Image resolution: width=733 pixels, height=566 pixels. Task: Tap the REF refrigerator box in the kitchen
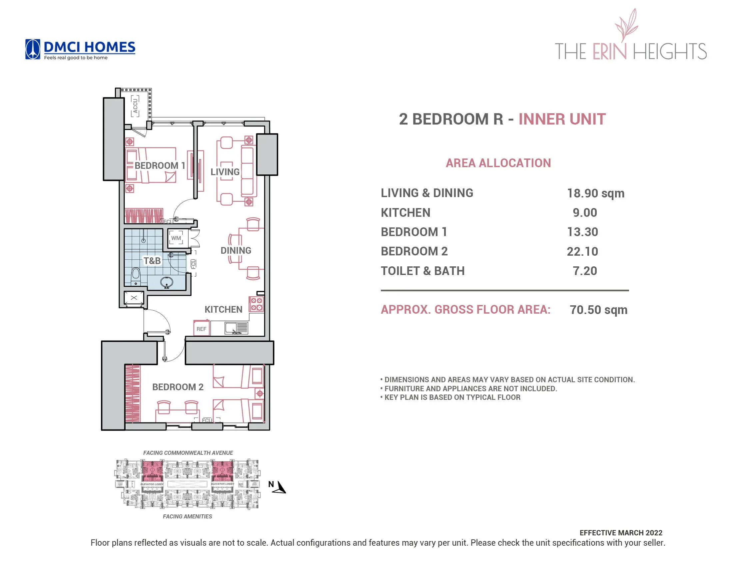pos(201,329)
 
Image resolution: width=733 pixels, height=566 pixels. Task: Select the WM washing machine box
pos(176,238)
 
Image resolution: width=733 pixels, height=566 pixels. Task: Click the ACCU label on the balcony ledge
pos(135,106)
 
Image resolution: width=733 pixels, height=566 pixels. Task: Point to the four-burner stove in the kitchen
pos(257,304)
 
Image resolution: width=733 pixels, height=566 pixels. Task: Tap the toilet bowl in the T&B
pos(136,274)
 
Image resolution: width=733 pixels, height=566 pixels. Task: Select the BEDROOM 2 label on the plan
pos(178,387)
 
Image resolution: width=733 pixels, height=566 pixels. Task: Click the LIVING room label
pos(225,172)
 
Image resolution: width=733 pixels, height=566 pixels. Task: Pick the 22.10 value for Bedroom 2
pos(582,251)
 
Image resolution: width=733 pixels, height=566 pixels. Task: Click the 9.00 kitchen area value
pos(585,213)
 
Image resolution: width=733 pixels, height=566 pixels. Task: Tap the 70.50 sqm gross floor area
pos(598,310)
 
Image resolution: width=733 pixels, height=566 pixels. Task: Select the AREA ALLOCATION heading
pos(498,163)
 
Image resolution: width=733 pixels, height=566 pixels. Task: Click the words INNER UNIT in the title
pos(562,120)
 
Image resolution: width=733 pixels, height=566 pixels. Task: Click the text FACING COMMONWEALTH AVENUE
pos(188,453)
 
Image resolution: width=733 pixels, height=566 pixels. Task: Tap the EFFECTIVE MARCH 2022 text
pos(621,533)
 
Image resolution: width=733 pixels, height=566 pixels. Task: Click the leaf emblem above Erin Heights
pos(626,25)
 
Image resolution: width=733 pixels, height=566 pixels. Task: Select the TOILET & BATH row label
pos(422,271)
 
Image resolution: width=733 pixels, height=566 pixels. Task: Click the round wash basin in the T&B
pos(167,282)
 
